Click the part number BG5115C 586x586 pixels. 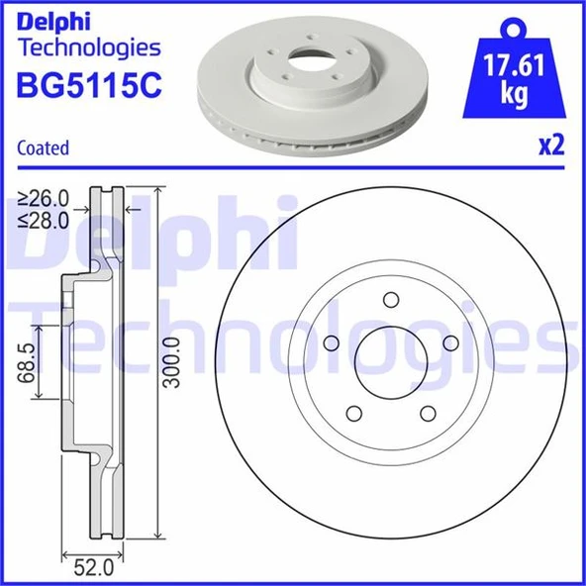[x=89, y=87]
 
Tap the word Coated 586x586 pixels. [x=44, y=148]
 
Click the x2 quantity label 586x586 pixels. [x=550, y=146]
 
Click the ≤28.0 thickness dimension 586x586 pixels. [x=46, y=220]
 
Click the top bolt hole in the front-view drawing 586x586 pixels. [x=389, y=301]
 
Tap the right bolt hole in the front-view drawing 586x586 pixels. [x=450, y=342]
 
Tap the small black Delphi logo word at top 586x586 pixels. [x=49, y=19]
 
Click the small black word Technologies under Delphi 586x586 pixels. [x=89, y=47]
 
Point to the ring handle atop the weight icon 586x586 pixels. [x=515, y=27]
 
